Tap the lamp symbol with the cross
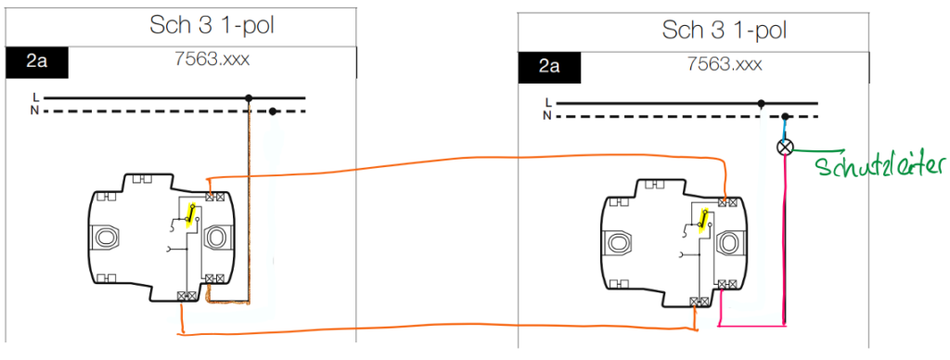785,147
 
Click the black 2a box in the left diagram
37,62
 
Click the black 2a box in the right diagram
549,67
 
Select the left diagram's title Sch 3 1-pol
212,25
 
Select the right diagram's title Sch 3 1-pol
724,29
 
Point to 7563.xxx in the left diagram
212,60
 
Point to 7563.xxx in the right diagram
725,64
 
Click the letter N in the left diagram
37,109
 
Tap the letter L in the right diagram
549,102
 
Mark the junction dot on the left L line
249,97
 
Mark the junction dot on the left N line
273,111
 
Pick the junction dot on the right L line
761,104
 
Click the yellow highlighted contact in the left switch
189,214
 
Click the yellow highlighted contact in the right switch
704,220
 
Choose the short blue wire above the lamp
785,129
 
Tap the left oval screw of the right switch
619,243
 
